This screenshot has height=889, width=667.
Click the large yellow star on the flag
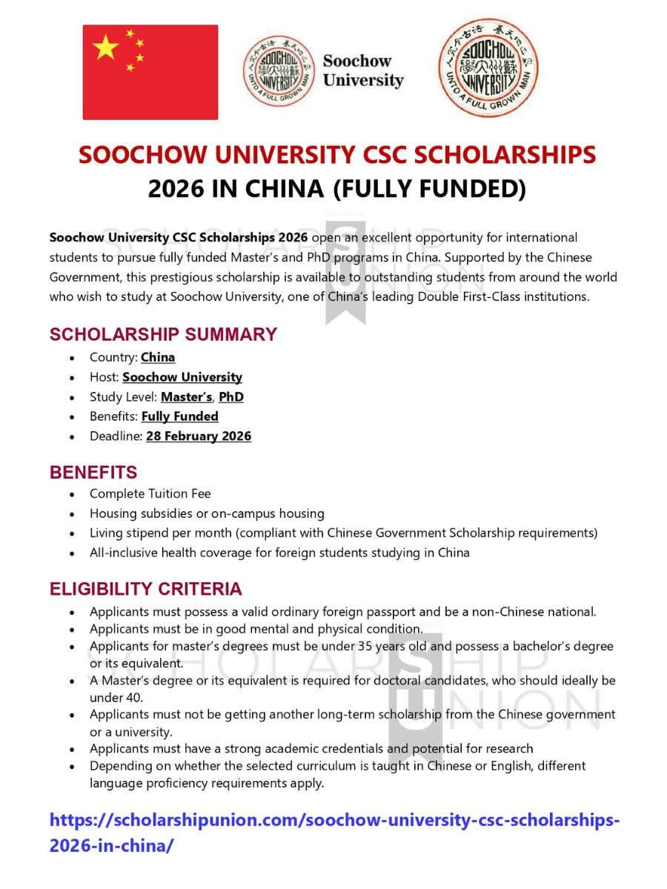click(x=106, y=48)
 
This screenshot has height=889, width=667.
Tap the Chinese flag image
click(x=150, y=72)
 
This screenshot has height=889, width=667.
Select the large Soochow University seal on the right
click(x=488, y=69)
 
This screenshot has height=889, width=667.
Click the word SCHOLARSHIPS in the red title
click(x=505, y=155)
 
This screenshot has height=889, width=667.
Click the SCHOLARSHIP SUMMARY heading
click(x=163, y=334)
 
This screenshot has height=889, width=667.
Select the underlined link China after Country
click(x=158, y=357)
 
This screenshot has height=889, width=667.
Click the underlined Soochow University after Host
click(x=182, y=377)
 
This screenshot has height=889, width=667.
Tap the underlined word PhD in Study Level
click(x=231, y=397)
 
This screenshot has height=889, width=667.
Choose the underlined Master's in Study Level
click(x=186, y=397)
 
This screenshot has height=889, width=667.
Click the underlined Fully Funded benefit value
click(x=180, y=416)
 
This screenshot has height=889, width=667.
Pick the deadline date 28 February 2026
click(x=199, y=436)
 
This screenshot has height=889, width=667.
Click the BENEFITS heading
click(x=93, y=472)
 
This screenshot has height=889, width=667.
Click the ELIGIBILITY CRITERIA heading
click(x=145, y=589)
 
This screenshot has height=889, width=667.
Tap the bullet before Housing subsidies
click(x=71, y=513)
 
